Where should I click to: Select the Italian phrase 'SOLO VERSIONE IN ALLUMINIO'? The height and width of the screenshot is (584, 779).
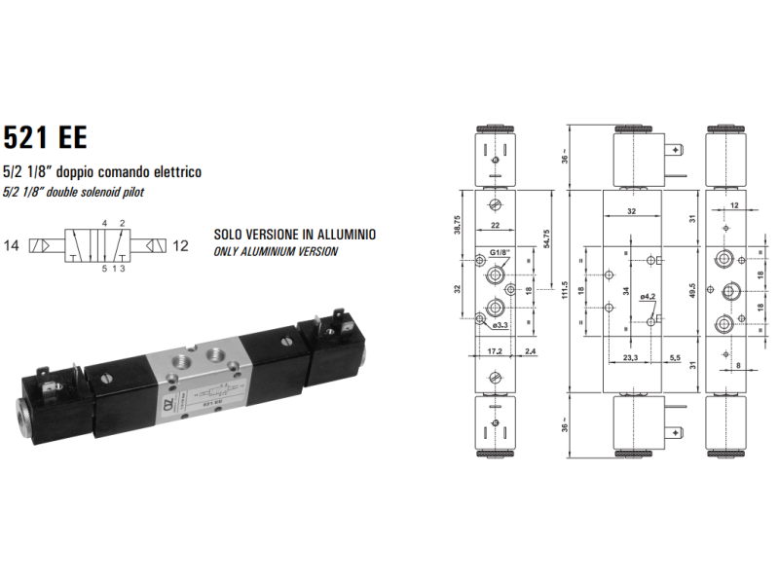pyautogui.click(x=294, y=236)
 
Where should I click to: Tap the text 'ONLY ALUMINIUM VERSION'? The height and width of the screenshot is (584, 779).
pyautogui.click(x=276, y=251)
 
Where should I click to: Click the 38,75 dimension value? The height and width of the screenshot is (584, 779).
pyautogui.click(x=458, y=225)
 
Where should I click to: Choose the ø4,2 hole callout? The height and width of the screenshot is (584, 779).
pyautogui.click(x=649, y=296)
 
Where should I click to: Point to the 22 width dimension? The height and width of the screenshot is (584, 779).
pyautogui.click(x=495, y=225)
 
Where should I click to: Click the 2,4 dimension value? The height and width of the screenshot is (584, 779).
pyautogui.click(x=530, y=350)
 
